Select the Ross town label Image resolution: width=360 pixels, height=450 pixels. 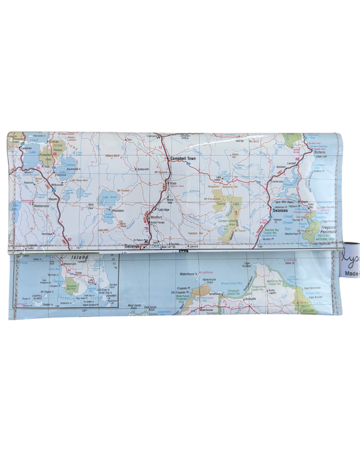click(x=173, y=183)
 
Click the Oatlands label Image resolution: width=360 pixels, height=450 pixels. click(x=147, y=245)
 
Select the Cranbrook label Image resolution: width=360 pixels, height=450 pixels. click(x=277, y=181)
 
